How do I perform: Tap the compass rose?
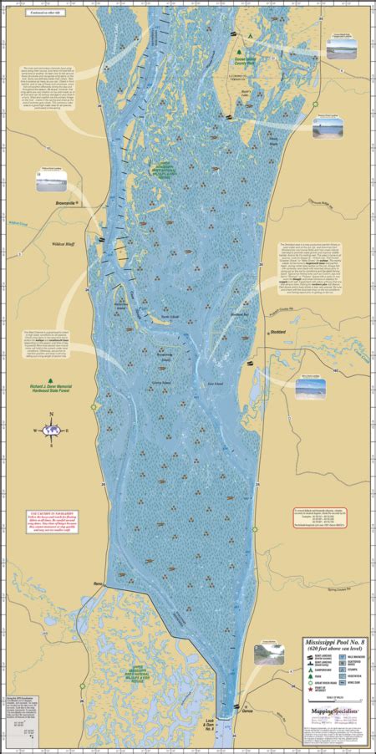pos(52,430)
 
